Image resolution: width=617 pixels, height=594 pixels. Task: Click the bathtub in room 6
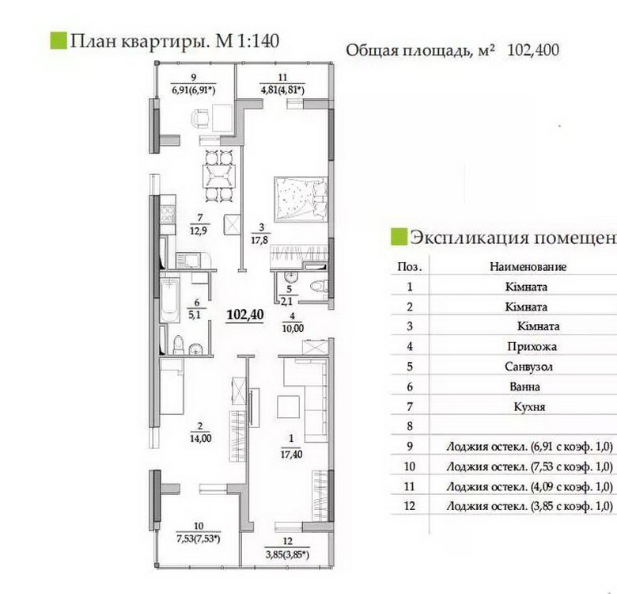[x=170, y=300]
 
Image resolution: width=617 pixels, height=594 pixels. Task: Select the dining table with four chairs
[x=219, y=176]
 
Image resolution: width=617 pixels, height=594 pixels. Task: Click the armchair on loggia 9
[x=201, y=118]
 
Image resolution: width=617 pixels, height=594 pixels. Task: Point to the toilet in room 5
[x=319, y=286]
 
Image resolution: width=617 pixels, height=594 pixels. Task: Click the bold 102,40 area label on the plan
[x=245, y=314]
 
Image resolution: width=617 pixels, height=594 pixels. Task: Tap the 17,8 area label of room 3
[x=259, y=239]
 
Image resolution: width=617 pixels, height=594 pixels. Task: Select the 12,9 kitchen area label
[x=199, y=230]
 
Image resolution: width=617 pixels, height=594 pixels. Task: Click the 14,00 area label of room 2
[x=201, y=438]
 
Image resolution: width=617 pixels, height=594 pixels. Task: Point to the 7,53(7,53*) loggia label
[x=199, y=539]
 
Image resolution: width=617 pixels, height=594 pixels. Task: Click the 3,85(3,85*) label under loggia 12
[x=287, y=554]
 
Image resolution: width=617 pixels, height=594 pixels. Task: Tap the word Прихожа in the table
[x=532, y=347]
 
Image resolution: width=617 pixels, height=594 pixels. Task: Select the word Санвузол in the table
[x=529, y=367]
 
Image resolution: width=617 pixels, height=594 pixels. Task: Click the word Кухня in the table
[x=530, y=406]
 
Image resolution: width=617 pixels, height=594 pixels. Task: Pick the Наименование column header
[x=528, y=267]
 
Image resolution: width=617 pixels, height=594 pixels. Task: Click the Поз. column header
[x=410, y=267]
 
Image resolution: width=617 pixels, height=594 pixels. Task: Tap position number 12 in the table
[x=410, y=506]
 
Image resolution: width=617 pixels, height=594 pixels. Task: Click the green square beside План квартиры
[x=59, y=41]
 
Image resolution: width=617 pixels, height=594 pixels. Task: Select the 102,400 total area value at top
[x=533, y=51]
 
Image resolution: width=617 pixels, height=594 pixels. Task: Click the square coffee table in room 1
[x=289, y=407]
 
